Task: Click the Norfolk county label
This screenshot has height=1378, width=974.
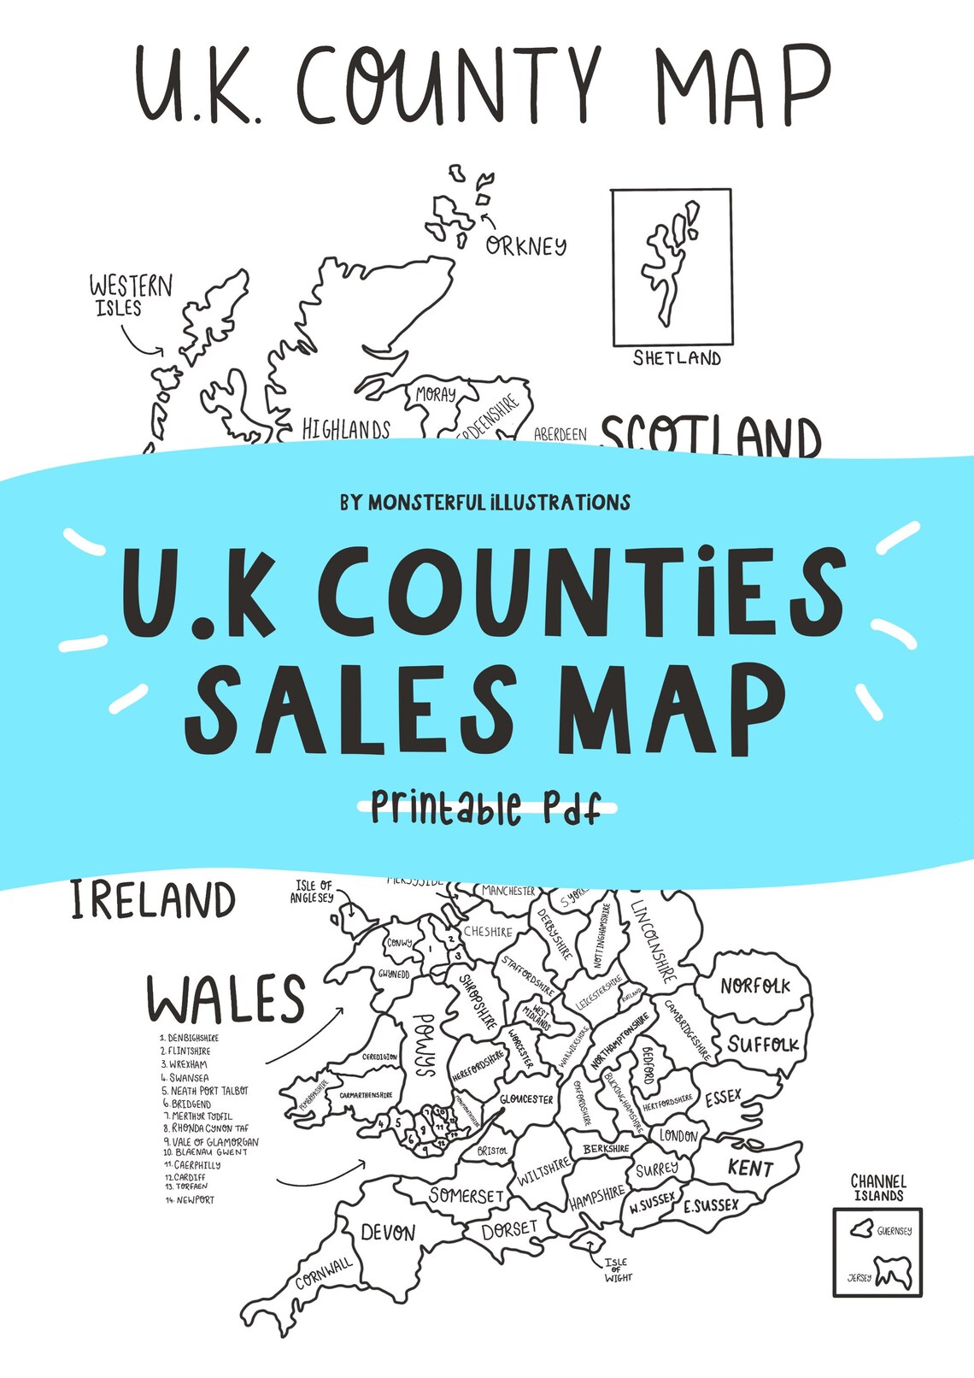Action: point(754,986)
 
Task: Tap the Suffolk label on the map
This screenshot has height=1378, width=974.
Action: point(762,1045)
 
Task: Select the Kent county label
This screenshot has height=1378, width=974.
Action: point(750,1168)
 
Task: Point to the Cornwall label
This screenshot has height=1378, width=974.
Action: point(324,1273)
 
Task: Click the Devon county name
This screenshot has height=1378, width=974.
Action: point(388,1233)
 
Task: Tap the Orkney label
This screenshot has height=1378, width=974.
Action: point(525,246)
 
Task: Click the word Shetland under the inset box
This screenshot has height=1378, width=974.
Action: point(677,358)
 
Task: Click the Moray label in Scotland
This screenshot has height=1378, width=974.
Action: point(436,395)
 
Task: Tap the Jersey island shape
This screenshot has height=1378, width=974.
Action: point(893,1273)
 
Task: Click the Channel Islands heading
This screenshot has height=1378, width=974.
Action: point(877,1188)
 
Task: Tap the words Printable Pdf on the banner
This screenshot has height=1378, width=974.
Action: point(485,807)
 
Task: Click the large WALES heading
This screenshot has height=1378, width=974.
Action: point(226,998)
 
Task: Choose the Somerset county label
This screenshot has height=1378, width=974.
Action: point(466,1194)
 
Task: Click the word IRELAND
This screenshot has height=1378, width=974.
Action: point(153,900)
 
